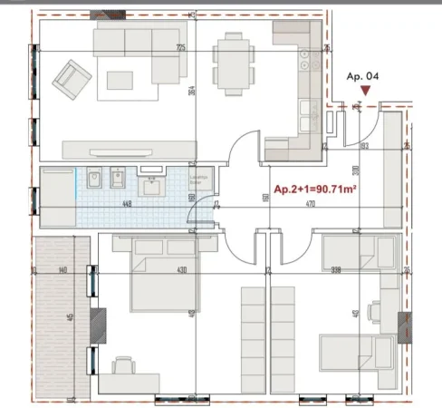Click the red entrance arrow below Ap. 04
click(364, 91)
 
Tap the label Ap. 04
click(363, 77)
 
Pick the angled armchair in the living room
click(73, 79)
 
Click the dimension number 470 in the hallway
click(309, 204)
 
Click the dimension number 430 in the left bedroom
click(181, 270)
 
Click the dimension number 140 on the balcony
click(62, 270)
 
